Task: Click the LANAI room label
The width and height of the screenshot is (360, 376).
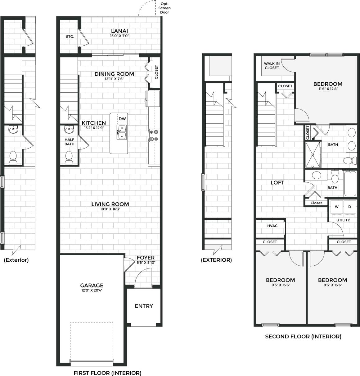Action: pyautogui.click(x=119, y=31)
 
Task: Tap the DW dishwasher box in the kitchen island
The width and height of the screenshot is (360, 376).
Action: pyautogui.click(x=122, y=119)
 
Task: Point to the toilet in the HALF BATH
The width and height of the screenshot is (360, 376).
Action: pyautogui.click(x=69, y=157)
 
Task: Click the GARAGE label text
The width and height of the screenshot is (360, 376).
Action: pyautogui.click(x=92, y=285)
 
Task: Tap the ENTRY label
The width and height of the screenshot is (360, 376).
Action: pyautogui.click(x=144, y=306)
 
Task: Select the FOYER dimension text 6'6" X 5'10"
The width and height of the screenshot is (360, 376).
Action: pyautogui.click(x=146, y=263)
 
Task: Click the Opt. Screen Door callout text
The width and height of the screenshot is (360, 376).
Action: pyautogui.click(x=164, y=8)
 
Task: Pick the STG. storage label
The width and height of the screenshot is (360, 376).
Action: pyautogui.click(x=70, y=37)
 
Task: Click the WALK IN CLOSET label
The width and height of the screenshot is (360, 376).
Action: pyautogui.click(x=272, y=66)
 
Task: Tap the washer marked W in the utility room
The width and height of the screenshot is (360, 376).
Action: pyautogui.click(x=336, y=207)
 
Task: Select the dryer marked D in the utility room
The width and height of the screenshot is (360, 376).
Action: pyautogui.click(x=349, y=207)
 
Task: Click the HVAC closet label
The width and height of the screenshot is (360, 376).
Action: pyautogui.click(x=272, y=226)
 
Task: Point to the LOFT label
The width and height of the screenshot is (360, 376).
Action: pyautogui.click(x=277, y=183)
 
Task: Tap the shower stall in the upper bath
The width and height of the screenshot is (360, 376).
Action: pyautogui.click(x=313, y=154)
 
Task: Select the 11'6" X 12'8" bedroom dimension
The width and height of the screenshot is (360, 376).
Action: pyautogui.click(x=328, y=89)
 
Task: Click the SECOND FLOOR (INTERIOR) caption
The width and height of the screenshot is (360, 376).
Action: pyautogui.click(x=303, y=337)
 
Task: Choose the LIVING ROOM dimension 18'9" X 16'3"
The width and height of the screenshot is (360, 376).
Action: pyautogui.click(x=110, y=209)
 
